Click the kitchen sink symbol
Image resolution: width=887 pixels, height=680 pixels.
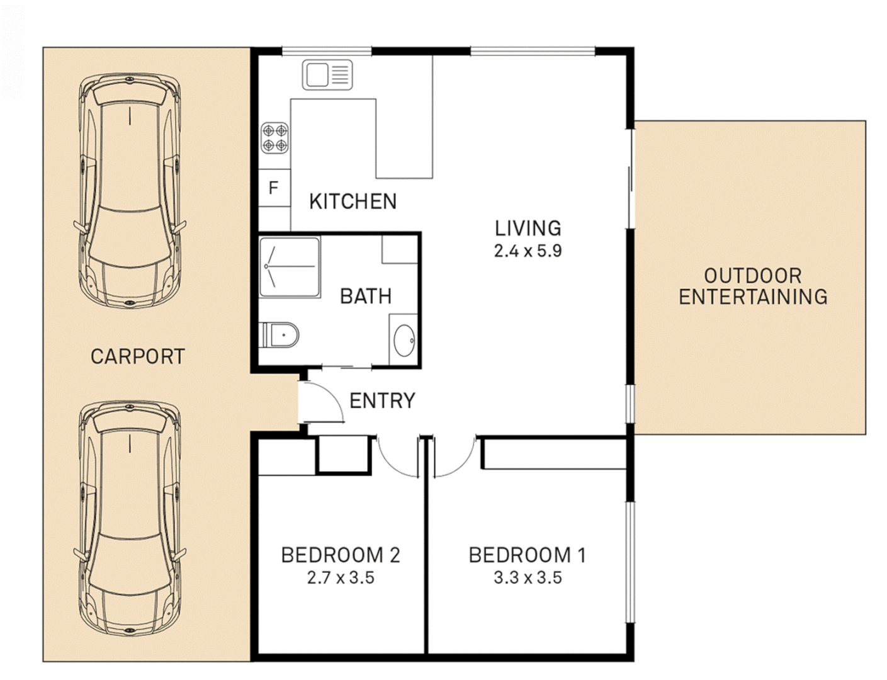point(327,75)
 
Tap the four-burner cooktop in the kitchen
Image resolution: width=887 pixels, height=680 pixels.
point(275,138)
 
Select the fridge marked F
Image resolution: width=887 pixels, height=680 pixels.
point(274,188)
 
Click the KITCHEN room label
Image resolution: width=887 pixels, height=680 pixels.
point(353,201)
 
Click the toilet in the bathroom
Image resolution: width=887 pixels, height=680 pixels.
point(281,334)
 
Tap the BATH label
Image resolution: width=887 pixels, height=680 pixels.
point(365,296)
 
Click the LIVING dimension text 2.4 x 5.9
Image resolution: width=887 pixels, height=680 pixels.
point(528,251)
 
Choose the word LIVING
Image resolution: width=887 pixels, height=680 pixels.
point(528,228)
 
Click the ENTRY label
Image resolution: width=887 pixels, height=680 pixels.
point(382,400)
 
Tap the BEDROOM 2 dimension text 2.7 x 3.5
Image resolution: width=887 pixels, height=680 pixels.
point(341,577)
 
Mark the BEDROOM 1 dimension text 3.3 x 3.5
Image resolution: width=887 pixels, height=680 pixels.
point(528,577)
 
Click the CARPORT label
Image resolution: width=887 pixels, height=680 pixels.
point(137,356)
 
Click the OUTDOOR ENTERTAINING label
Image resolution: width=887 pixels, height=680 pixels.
point(752,286)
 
